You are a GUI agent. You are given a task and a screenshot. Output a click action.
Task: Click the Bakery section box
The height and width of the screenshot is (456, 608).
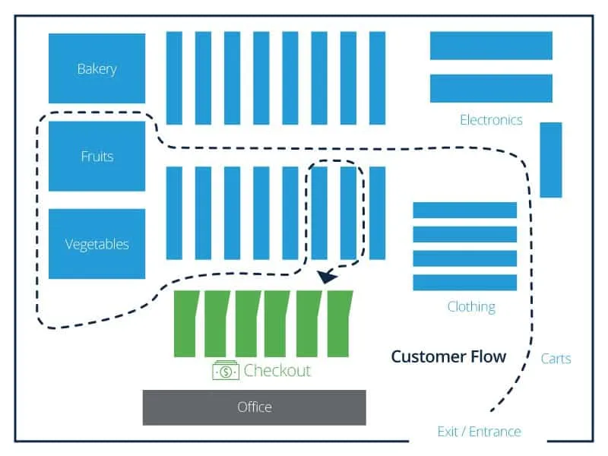click(97, 68)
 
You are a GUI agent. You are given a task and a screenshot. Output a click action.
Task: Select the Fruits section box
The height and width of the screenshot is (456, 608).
click(97, 157)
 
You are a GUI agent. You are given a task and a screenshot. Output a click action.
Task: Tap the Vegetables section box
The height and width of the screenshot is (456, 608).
click(97, 244)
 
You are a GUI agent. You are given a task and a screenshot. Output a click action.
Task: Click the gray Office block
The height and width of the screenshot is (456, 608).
click(254, 407)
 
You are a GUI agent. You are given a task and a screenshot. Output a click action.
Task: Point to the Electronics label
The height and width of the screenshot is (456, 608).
click(491, 120)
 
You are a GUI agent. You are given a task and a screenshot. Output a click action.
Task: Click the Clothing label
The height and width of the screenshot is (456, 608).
click(471, 306)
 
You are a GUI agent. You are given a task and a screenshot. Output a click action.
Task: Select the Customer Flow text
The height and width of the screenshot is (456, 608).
click(448, 356)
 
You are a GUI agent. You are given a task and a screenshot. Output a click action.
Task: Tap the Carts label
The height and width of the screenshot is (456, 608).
click(556, 359)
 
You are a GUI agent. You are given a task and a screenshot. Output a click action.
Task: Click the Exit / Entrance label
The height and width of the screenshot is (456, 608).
click(479, 432)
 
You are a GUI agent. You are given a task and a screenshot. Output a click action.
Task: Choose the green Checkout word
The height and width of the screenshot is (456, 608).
click(277, 371)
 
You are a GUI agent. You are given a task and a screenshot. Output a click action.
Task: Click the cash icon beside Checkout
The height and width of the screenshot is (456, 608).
click(226, 371)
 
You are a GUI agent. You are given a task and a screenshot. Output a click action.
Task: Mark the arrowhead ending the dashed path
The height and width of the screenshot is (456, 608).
click(328, 277)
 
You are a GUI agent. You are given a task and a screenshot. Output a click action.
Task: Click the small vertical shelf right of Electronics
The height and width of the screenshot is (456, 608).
click(551, 160)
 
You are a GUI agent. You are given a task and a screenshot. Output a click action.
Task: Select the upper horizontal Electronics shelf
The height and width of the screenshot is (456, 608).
click(491, 46)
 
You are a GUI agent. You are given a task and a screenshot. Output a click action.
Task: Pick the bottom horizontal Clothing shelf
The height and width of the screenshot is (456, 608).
click(464, 282)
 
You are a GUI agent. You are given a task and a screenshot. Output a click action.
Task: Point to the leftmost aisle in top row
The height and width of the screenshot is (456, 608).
click(174, 78)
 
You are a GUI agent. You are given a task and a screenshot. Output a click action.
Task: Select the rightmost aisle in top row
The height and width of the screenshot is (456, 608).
click(377, 78)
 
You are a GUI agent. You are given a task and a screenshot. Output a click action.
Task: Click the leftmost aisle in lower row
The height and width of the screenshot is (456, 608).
click(174, 213)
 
